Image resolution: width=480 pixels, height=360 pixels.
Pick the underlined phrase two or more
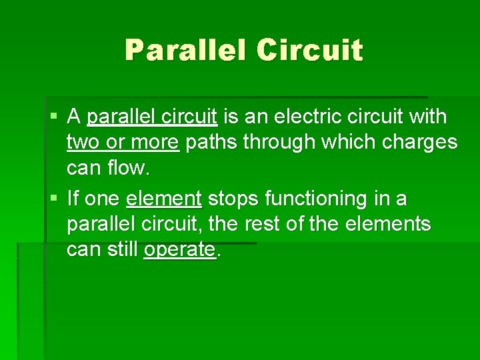tap(123, 143)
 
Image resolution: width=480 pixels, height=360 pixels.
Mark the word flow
tap(131, 168)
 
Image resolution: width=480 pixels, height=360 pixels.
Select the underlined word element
tap(163, 199)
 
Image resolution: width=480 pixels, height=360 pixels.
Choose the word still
tap(123, 249)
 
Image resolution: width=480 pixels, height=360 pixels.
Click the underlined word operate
tap(179, 249)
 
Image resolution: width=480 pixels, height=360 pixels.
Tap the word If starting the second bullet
tap(73, 199)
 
